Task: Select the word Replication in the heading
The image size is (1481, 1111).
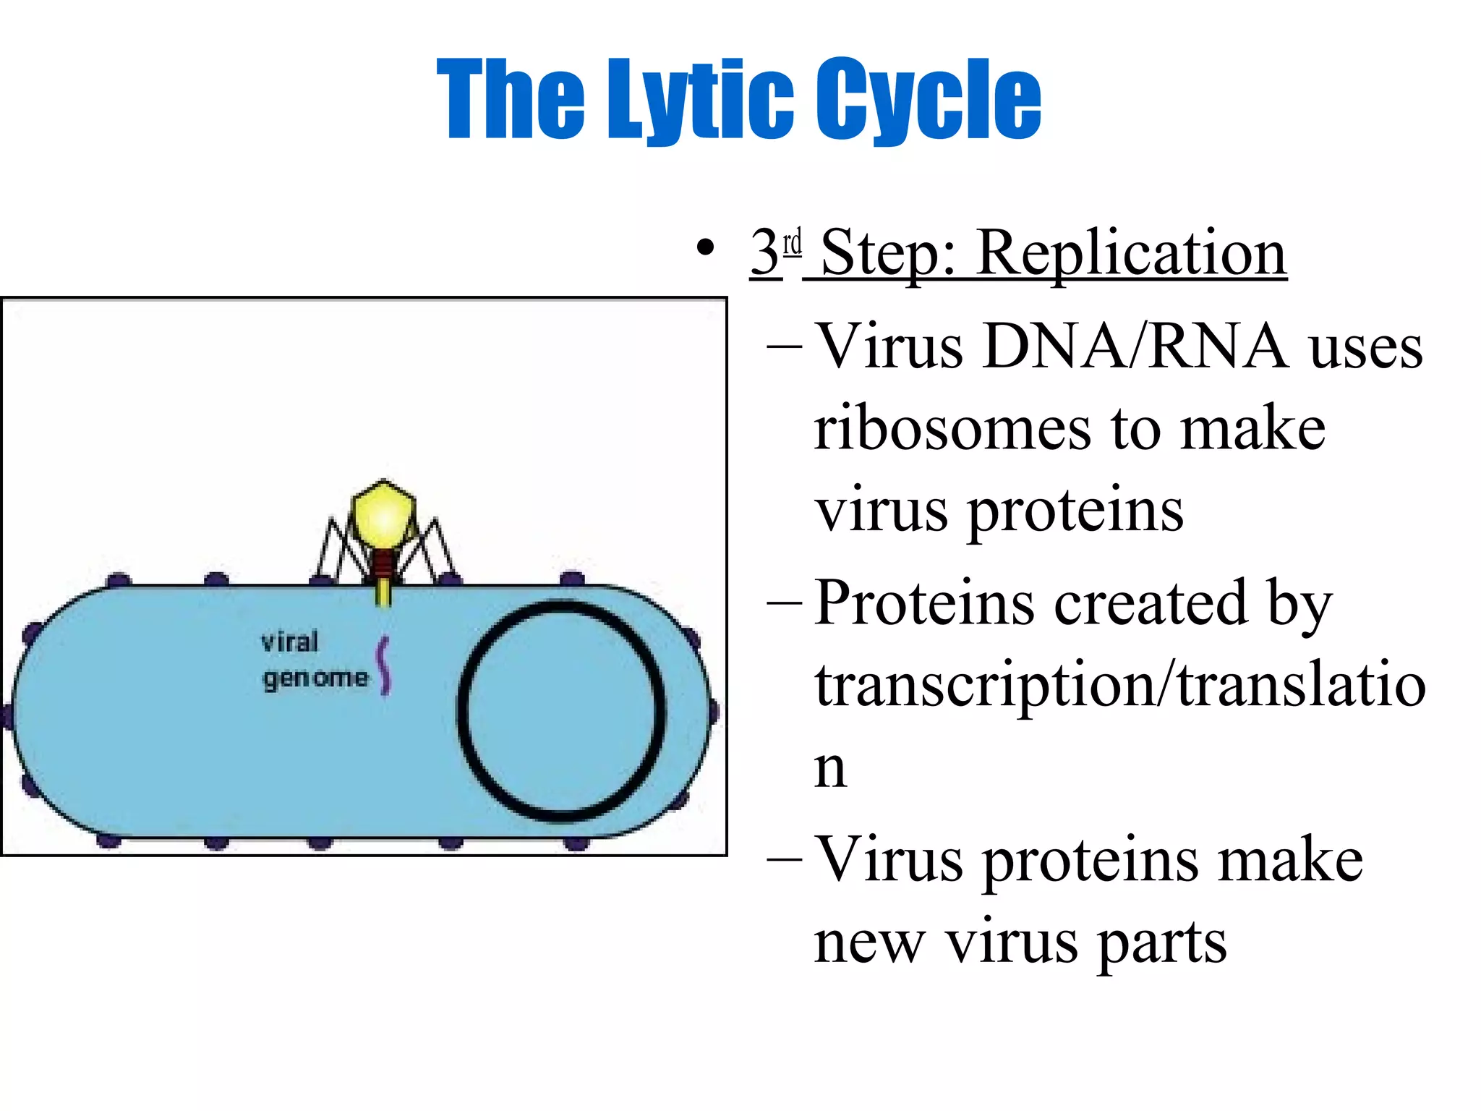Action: tap(1132, 253)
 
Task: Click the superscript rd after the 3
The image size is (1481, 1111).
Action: tap(793, 242)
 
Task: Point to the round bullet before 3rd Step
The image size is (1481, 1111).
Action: tap(704, 248)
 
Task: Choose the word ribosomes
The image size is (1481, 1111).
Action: tap(952, 430)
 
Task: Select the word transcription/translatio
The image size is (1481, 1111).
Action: tap(1119, 685)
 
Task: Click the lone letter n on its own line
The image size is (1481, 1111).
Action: tap(829, 768)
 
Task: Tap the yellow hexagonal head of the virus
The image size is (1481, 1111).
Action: tap(384, 516)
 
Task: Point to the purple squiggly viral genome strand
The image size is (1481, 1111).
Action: tap(384, 666)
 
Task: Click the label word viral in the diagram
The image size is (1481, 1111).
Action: tap(289, 642)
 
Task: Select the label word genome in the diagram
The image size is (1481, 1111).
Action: tap(315, 678)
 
